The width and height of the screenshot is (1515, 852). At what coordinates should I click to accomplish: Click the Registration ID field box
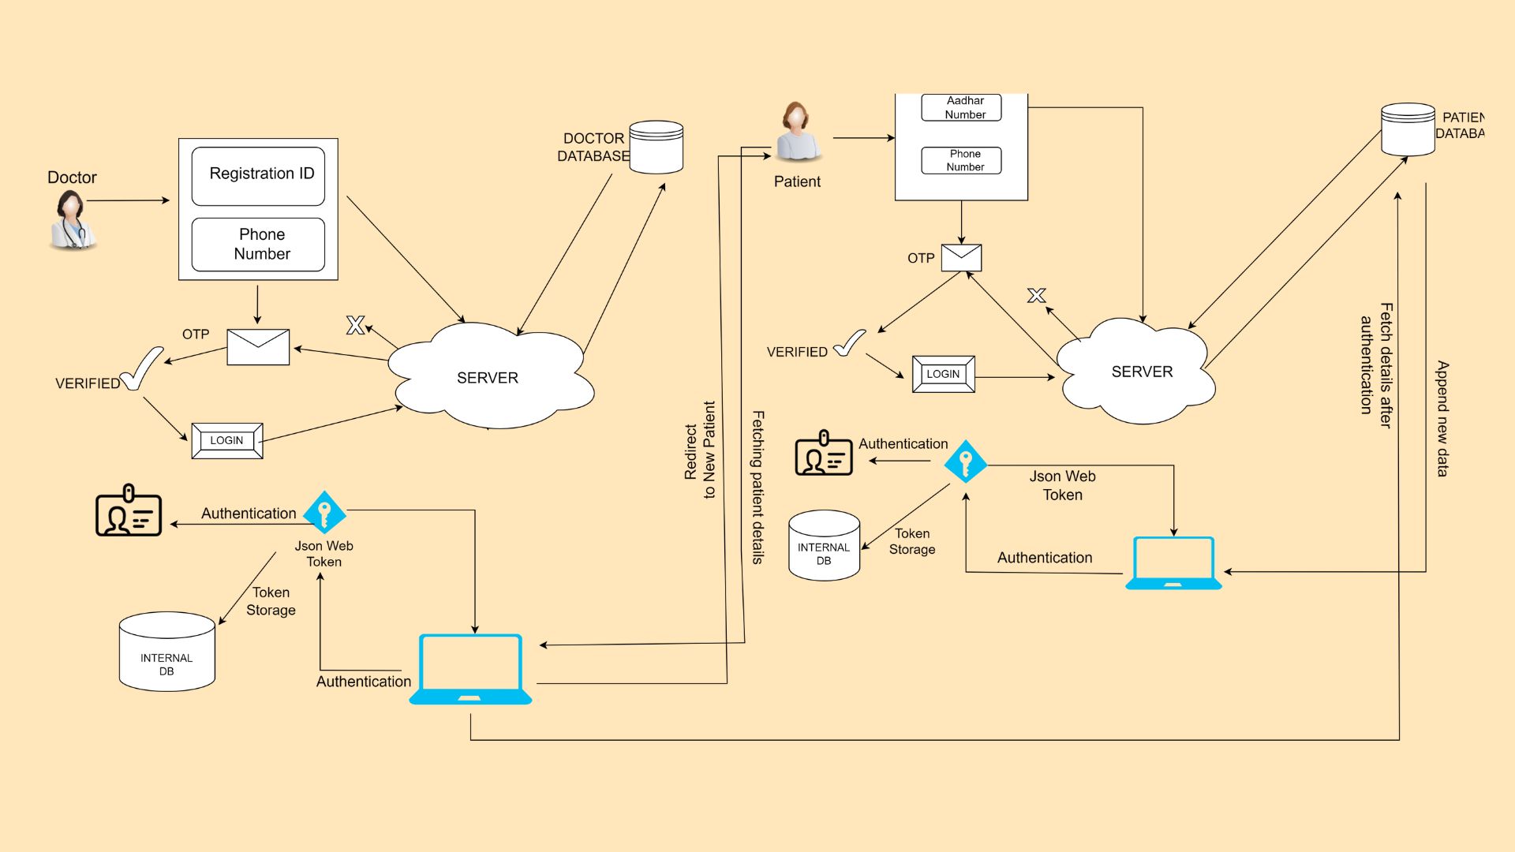coord(258,175)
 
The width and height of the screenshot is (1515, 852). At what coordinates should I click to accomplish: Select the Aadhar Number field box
coord(961,108)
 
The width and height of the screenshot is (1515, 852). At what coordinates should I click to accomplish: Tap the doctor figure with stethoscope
coord(72,222)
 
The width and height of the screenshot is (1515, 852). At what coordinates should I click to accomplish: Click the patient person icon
coord(798,132)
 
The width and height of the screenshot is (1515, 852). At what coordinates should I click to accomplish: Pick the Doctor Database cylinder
coord(656,147)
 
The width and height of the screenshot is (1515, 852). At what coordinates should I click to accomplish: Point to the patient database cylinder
coord(1408,129)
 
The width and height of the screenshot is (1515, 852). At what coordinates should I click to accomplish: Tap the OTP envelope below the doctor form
coord(258,347)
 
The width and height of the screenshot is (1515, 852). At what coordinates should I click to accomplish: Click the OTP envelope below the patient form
coord(961,258)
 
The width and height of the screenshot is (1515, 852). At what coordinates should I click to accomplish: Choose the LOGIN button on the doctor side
coord(227,441)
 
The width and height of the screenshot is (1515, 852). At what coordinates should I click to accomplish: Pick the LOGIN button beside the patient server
coord(943,374)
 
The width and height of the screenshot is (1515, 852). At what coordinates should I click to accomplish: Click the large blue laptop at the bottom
coord(470,669)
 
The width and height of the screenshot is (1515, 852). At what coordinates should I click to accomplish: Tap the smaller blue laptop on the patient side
coord(1173,563)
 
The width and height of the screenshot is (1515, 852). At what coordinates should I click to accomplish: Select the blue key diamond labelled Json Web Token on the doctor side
coord(324,513)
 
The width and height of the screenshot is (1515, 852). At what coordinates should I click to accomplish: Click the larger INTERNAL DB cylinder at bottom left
coord(166,652)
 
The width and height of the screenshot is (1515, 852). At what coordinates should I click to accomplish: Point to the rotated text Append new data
coord(1442,419)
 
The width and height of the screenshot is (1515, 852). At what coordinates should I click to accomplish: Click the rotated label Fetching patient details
coord(757,487)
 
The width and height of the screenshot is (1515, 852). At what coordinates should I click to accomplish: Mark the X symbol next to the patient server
coord(1036,296)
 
